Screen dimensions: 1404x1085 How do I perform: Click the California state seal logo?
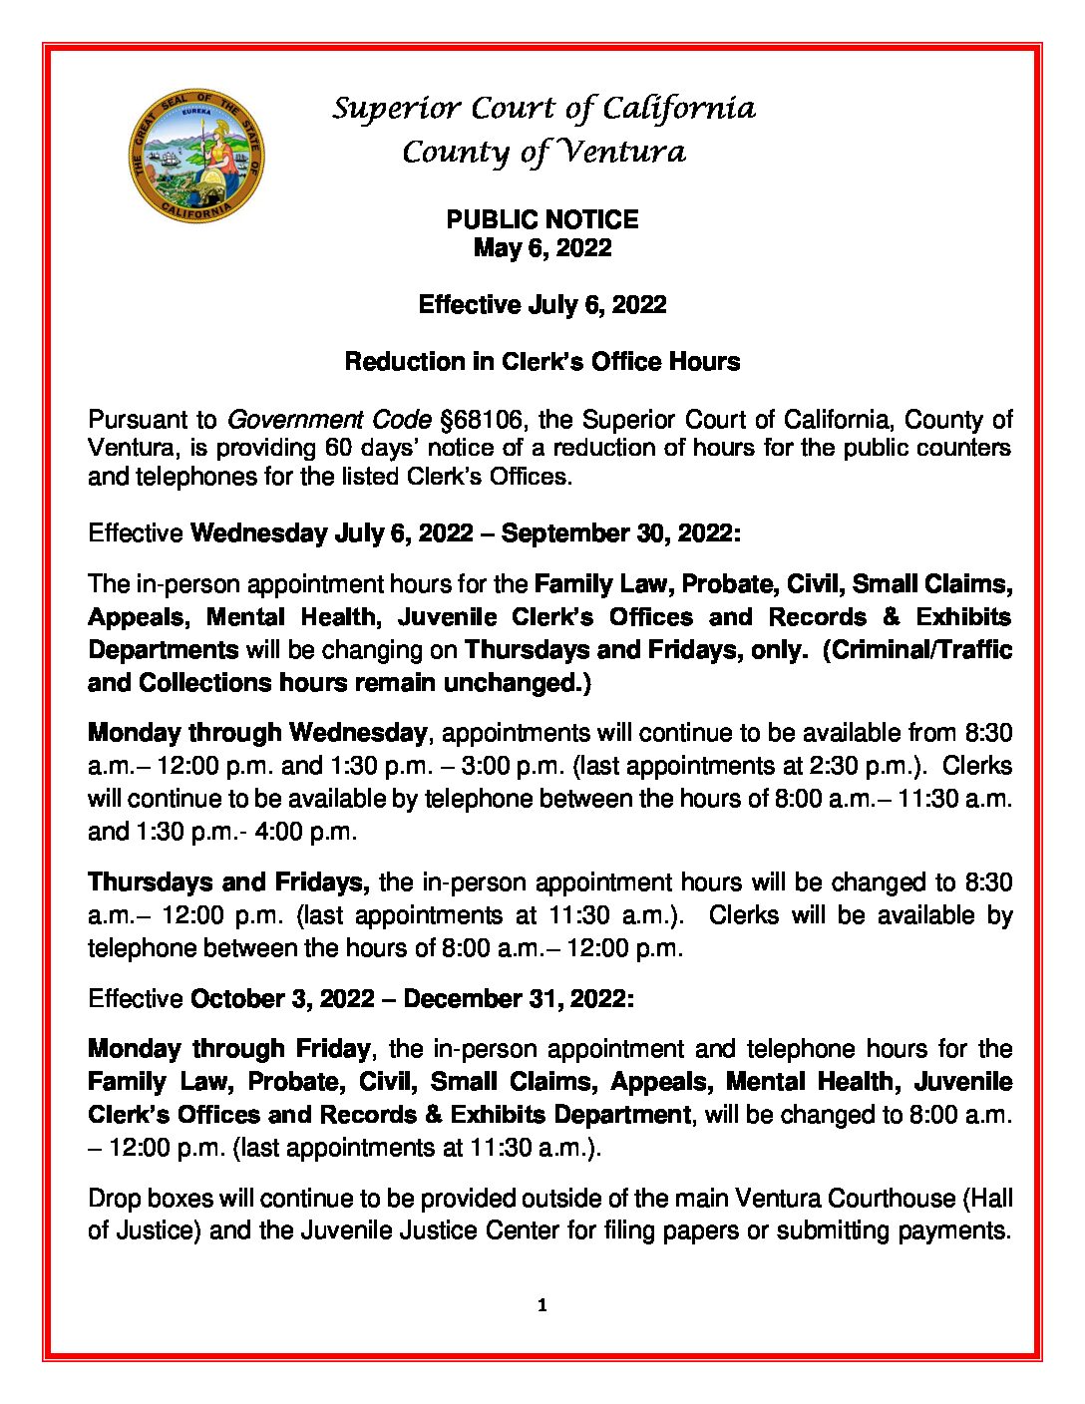point(196,157)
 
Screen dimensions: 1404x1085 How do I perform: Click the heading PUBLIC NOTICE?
point(542,219)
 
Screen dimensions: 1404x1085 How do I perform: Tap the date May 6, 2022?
point(542,248)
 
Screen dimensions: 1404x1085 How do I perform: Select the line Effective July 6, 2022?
point(542,304)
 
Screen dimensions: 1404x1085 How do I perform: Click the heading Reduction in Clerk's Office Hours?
point(542,361)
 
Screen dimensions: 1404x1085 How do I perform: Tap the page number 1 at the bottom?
point(542,1305)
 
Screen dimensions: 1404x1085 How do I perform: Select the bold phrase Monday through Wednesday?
point(257,733)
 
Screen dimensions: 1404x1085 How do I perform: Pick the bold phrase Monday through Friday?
point(229,1049)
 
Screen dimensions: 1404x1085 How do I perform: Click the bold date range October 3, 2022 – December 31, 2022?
point(412,999)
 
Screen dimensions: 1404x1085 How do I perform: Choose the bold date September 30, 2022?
point(618,533)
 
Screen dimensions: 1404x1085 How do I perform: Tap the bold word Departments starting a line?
point(163,650)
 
